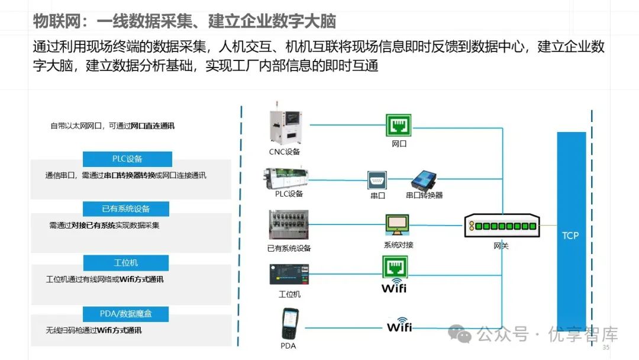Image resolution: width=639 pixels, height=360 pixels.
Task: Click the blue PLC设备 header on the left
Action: [x=127, y=159]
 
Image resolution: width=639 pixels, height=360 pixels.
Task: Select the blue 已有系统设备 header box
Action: [x=126, y=209]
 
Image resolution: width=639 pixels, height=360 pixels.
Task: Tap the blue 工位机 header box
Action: [x=126, y=262]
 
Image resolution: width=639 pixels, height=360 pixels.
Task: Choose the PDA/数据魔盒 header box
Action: [x=126, y=313]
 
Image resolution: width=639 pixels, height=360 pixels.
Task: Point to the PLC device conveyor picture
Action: [x=289, y=178]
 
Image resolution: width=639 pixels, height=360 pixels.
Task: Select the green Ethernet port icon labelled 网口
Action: [x=399, y=126]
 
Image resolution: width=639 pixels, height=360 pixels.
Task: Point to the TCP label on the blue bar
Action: [x=570, y=236]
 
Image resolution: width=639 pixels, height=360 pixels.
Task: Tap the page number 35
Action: [x=605, y=347]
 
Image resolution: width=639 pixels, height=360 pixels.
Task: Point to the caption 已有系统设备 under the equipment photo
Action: [x=289, y=248]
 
